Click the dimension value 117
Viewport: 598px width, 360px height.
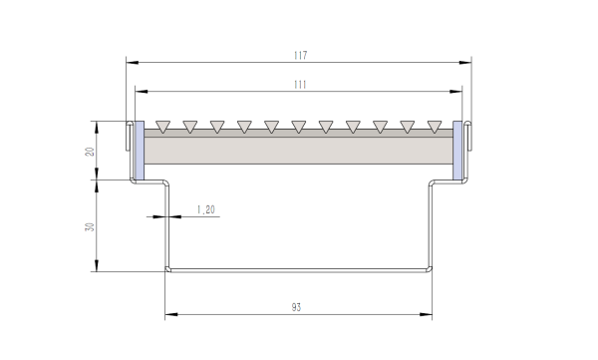(x=299, y=54)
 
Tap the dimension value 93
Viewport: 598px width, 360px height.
(x=297, y=308)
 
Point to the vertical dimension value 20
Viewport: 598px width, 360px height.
(x=90, y=152)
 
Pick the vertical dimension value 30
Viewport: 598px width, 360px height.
(x=90, y=226)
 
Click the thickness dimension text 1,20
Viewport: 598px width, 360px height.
(x=206, y=209)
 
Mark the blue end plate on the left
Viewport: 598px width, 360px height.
(x=139, y=152)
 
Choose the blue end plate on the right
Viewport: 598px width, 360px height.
(x=458, y=152)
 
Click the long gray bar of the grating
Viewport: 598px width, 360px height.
(x=299, y=150)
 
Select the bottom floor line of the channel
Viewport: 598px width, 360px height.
(x=299, y=269)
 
